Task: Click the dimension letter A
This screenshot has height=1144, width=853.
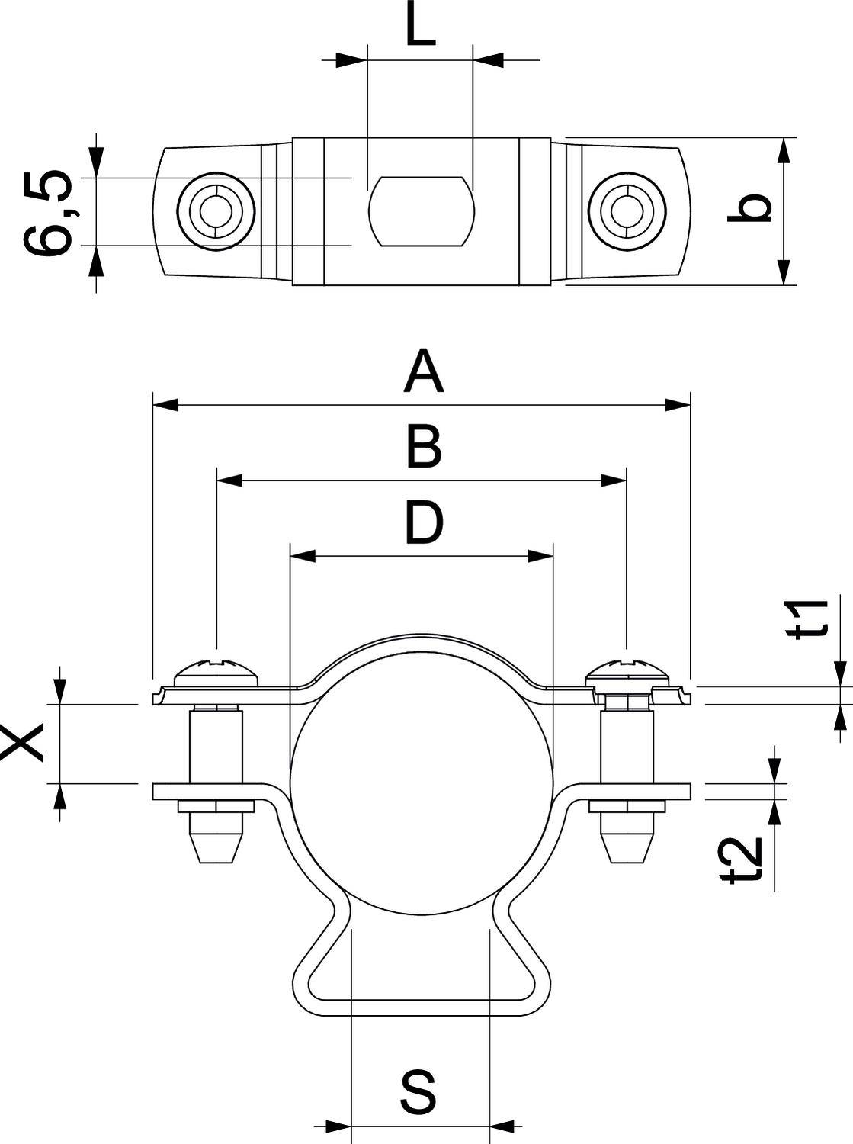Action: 423,371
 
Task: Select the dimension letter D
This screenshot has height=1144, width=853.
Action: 423,524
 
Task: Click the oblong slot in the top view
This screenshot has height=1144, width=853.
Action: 422,212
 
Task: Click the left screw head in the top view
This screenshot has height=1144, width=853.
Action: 216,210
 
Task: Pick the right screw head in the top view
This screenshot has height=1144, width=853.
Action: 627,210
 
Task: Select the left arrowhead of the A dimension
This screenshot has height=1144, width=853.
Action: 165,405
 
